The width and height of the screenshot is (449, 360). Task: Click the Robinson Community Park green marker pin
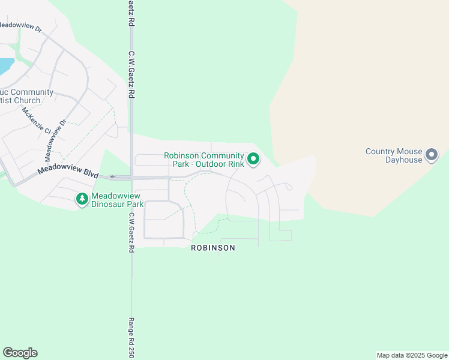(x=254, y=159)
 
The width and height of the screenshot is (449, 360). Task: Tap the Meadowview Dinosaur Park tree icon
(x=82, y=199)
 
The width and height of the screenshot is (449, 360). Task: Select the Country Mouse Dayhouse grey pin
(x=432, y=155)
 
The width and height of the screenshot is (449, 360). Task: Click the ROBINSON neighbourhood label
(x=213, y=248)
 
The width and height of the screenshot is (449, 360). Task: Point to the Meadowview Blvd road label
(x=67, y=169)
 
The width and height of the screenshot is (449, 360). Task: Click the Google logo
(x=20, y=353)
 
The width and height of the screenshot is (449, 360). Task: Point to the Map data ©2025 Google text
(x=412, y=355)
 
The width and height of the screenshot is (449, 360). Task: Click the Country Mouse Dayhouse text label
(x=394, y=156)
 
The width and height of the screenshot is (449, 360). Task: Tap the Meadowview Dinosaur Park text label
(x=118, y=200)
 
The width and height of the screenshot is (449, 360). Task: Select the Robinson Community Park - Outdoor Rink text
(x=204, y=160)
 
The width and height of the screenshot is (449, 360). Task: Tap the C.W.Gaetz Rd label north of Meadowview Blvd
(x=130, y=74)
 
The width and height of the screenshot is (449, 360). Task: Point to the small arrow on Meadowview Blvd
(x=112, y=177)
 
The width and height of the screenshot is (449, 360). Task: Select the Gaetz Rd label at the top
(x=130, y=12)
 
